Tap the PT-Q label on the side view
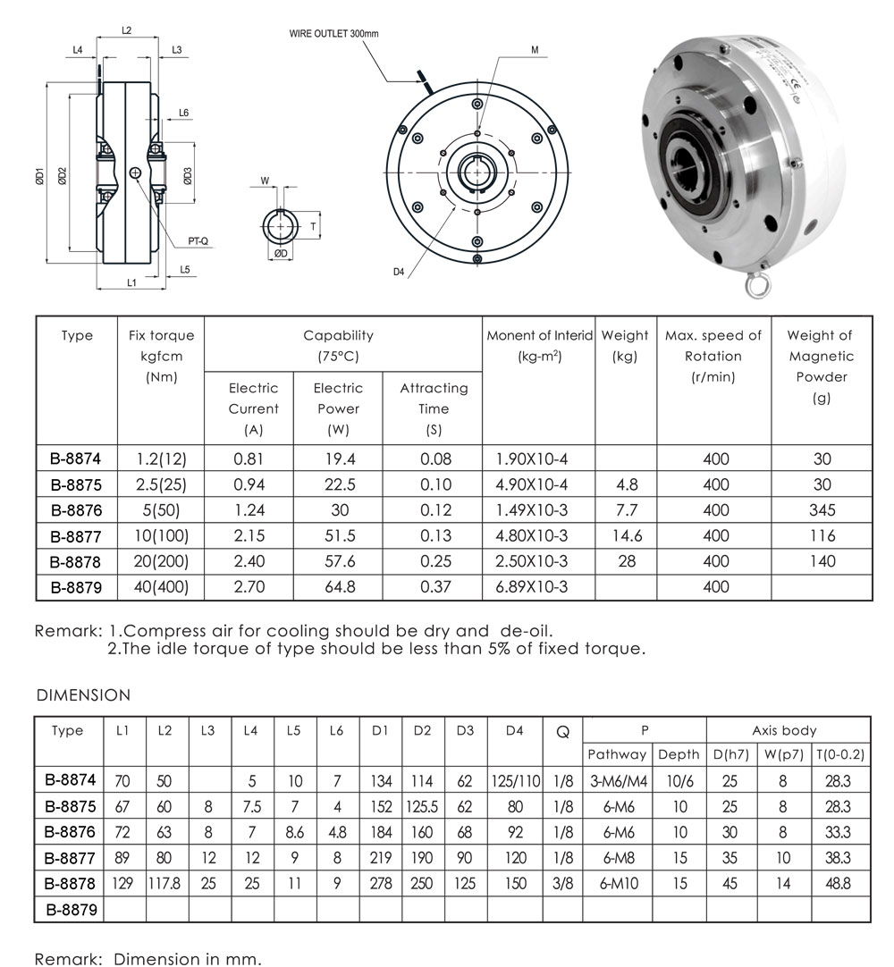tap(198, 240)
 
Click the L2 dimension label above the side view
tap(126, 30)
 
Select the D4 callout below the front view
tap(399, 272)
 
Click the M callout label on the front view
tap(535, 51)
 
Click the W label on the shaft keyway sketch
tap(265, 181)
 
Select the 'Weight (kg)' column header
tap(625, 346)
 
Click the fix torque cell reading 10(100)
tap(161, 536)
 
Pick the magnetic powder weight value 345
tap(822, 510)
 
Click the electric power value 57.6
tap(338, 561)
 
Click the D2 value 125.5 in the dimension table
tap(423, 806)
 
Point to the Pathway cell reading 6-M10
tap(618, 883)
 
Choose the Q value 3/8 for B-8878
tap(563, 883)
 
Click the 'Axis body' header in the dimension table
tap(788, 730)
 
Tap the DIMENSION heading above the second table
tap(83, 694)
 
